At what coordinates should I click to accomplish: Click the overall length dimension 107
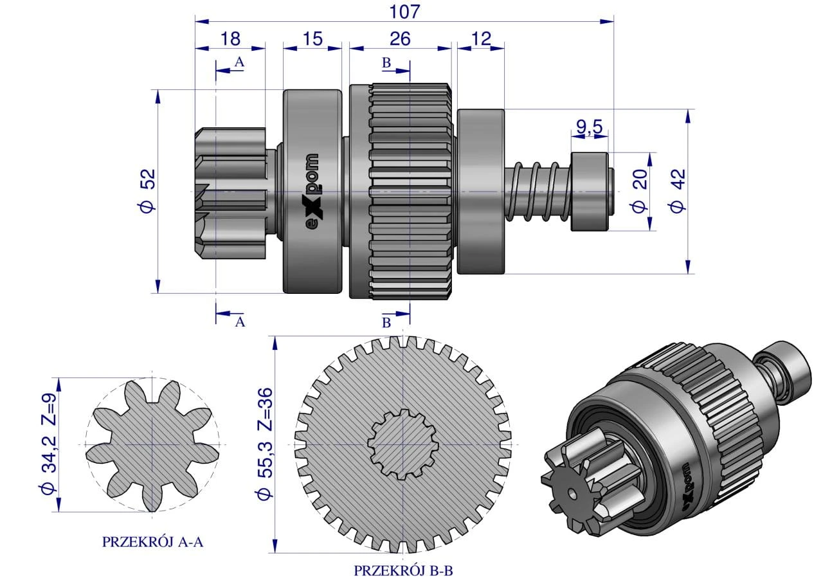tap(404, 11)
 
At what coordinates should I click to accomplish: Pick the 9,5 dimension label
tap(588, 127)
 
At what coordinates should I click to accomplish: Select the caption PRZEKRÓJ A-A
tap(152, 542)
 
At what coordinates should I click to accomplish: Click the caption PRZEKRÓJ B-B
tap(404, 570)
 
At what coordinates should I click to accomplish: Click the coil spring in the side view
tap(538, 191)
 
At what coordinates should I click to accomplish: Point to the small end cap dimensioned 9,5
tap(589, 191)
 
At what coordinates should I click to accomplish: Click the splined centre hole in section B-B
tap(402, 444)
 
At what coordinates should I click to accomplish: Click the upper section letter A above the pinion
tap(239, 62)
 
